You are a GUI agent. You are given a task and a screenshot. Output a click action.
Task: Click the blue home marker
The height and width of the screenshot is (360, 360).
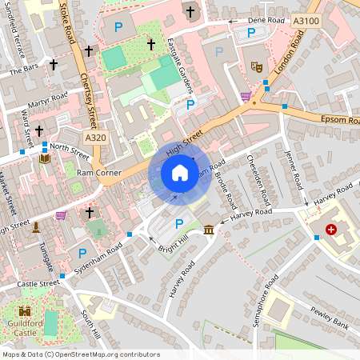(x=180, y=173)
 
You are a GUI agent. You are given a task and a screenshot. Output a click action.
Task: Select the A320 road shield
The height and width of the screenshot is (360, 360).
(x=95, y=138)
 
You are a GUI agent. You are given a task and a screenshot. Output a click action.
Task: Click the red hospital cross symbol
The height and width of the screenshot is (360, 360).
(x=330, y=229)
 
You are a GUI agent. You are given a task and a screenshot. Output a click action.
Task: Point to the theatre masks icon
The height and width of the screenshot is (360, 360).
(x=256, y=67)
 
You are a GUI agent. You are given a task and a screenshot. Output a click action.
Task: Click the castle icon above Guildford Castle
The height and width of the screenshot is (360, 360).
(x=25, y=311)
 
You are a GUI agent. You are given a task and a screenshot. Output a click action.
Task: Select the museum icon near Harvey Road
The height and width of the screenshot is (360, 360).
(x=209, y=230)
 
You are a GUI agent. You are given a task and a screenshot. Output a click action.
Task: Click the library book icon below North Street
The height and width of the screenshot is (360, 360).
(x=44, y=158)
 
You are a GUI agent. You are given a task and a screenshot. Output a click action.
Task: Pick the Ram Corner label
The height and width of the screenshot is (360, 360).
(x=98, y=172)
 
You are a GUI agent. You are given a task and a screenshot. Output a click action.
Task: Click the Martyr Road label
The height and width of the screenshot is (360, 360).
(x=49, y=100)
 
